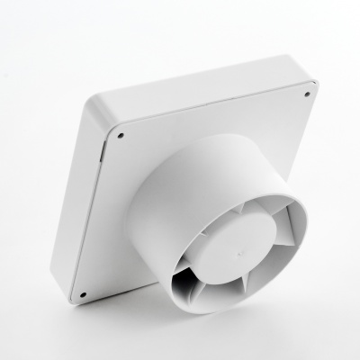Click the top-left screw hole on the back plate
(121, 137)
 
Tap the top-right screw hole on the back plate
(306, 94)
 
